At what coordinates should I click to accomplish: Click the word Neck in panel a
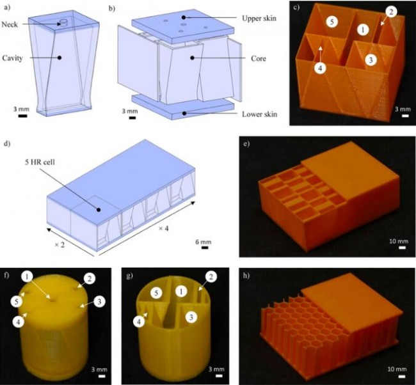pyautogui.click(x=10, y=25)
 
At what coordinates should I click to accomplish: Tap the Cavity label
pyautogui.click(x=12, y=58)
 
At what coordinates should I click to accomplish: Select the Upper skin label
pyautogui.click(x=259, y=19)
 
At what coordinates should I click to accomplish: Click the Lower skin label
pyautogui.click(x=259, y=114)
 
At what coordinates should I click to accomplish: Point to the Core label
pyautogui.click(x=259, y=59)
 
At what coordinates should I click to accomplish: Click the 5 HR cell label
pyautogui.click(x=40, y=162)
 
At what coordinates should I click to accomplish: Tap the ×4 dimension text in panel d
pyautogui.click(x=163, y=228)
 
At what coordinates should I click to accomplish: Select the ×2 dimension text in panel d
pyautogui.click(x=60, y=245)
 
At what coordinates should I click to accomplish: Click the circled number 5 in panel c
pyautogui.click(x=332, y=22)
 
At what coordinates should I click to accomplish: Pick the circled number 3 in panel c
pyautogui.click(x=371, y=60)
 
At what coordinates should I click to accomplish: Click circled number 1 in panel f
pyautogui.click(x=28, y=277)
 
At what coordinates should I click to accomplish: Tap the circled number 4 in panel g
pyautogui.click(x=140, y=321)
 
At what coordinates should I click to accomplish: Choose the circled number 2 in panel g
pyautogui.click(x=211, y=277)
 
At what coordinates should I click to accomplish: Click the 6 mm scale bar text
pyautogui.click(x=204, y=242)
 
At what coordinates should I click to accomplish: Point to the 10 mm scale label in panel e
pyautogui.click(x=399, y=241)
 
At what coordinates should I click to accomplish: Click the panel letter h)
pyautogui.click(x=246, y=276)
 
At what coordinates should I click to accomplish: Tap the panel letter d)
pyautogui.click(x=7, y=144)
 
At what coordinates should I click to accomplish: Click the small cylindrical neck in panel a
pyautogui.click(x=64, y=23)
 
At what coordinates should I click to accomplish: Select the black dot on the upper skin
pyautogui.click(x=183, y=17)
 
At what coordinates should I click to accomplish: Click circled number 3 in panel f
pyautogui.click(x=99, y=302)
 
